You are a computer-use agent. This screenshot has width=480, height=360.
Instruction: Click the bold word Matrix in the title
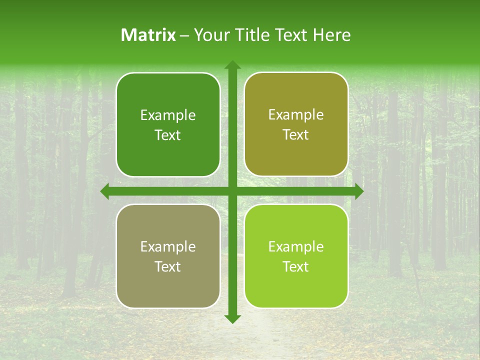click(x=148, y=35)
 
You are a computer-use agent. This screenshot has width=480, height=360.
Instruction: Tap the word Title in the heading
click(x=250, y=35)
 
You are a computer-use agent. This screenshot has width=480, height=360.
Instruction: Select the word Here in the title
click(x=331, y=35)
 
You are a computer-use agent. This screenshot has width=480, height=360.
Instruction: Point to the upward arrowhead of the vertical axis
click(x=232, y=64)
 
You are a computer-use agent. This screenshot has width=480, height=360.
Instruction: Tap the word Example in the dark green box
click(x=168, y=115)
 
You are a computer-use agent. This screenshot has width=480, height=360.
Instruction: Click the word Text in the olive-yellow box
click(x=296, y=135)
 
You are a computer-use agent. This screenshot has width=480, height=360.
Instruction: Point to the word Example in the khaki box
click(x=168, y=247)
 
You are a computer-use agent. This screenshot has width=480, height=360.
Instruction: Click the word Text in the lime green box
click(x=296, y=266)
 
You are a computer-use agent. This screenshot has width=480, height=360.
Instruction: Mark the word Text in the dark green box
click(x=168, y=135)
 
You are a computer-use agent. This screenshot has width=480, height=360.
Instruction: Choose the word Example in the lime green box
click(x=296, y=247)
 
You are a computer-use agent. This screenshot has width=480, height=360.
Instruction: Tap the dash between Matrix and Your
click(x=184, y=35)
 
